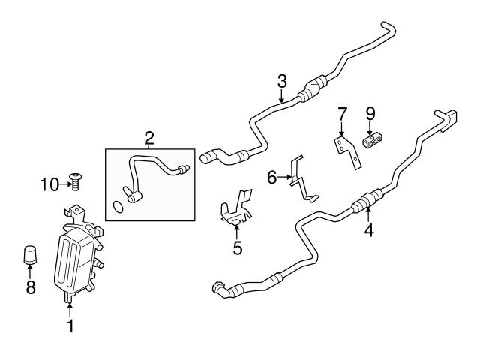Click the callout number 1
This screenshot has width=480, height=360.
pyautogui.click(x=70, y=326)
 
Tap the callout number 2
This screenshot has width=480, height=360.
pyautogui.click(x=149, y=137)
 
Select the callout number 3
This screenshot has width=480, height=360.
pyautogui.click(x=281, y=80)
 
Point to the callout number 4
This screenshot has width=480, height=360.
pyautogui.click(x=369, y=231)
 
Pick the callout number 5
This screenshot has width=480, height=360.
pyautogui.click(x=238, y=247)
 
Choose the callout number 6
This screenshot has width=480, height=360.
pyautogui.click(x=272, y=178)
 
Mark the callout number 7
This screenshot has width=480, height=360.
pyautogui.click(x=342, y=115)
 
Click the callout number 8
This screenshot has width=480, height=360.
pyautogui.click(x=31, y=288)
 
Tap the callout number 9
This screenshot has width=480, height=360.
pyautogui.click(x=370, y=115)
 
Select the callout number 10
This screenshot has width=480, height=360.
pyautogui.click(x=49, y=184)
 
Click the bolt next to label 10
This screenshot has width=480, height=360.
pyautogui.click(x=75, y=180)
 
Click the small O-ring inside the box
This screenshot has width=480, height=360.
pyautogui.click(x=116, y=206)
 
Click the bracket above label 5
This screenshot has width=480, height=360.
pyautogui.click(x=236, y=209)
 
